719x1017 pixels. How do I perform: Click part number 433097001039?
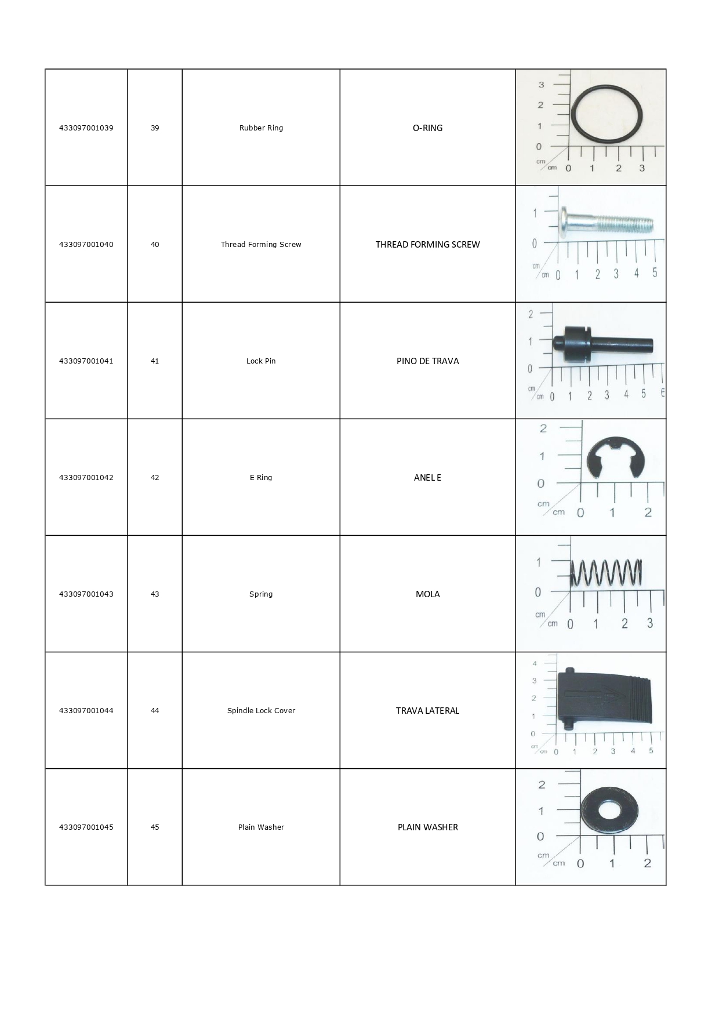pos(86,128)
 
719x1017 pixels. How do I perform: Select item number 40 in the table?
pos(155,245)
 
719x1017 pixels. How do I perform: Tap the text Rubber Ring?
pos(261,128)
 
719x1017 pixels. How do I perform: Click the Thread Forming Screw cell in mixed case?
pos(261,245)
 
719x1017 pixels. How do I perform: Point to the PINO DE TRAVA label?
pos(427,361)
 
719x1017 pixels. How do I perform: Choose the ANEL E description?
pos(427,478)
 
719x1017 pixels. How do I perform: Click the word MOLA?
pos(427,594)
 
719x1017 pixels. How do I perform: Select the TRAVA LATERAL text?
pos(427,711)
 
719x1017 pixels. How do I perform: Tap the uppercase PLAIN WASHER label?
pos(427,827)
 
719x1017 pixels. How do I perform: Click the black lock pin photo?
pos(603,346)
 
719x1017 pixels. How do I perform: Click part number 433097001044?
pos(86,711)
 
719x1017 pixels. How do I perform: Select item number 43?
pos(155,594)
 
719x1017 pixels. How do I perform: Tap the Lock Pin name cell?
pos(261,361)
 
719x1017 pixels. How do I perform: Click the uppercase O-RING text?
pos(427,128)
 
